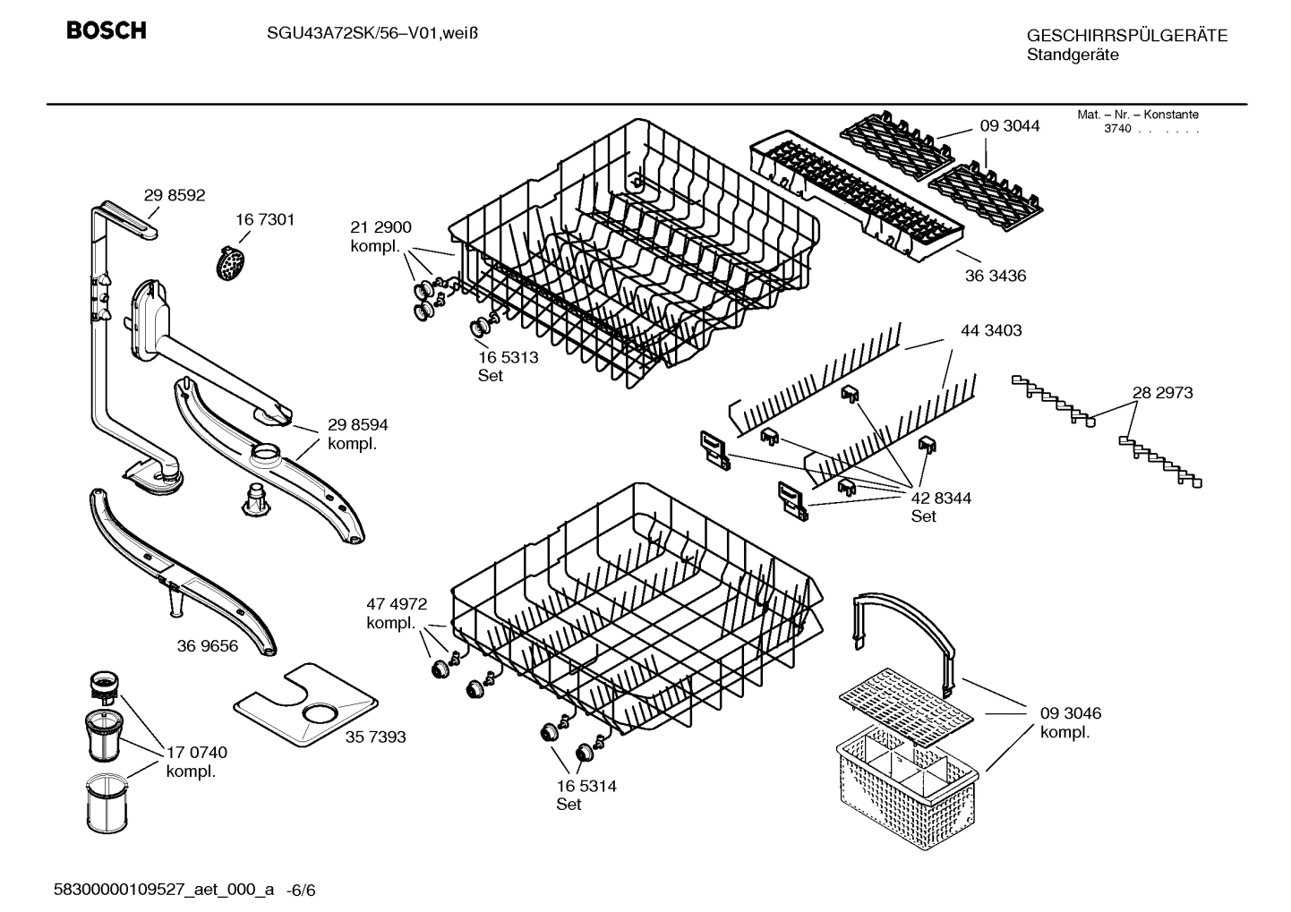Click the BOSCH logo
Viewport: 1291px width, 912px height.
pos(107,31)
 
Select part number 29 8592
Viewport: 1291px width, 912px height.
pos(175,195)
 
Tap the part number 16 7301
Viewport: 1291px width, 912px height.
pos(265,219)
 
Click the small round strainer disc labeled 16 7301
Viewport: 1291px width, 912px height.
pos(233,263)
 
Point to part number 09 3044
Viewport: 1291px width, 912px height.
pos(1010,126)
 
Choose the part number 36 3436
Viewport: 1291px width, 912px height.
pos(996,276)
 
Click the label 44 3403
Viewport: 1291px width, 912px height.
pos(991,330)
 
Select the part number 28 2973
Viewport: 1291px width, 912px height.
pos(1162,392)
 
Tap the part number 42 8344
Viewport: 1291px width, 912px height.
pos(941,498)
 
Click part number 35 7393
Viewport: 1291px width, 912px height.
pos(375,737)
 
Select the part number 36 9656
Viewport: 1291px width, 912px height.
pos(208,645)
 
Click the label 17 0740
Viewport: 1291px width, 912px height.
pos(197,753)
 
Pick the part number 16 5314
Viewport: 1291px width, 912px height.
pos(586,786)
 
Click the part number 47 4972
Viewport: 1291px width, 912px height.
pos(397,604)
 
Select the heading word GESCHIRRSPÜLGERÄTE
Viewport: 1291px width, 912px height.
pos(1126,36)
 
